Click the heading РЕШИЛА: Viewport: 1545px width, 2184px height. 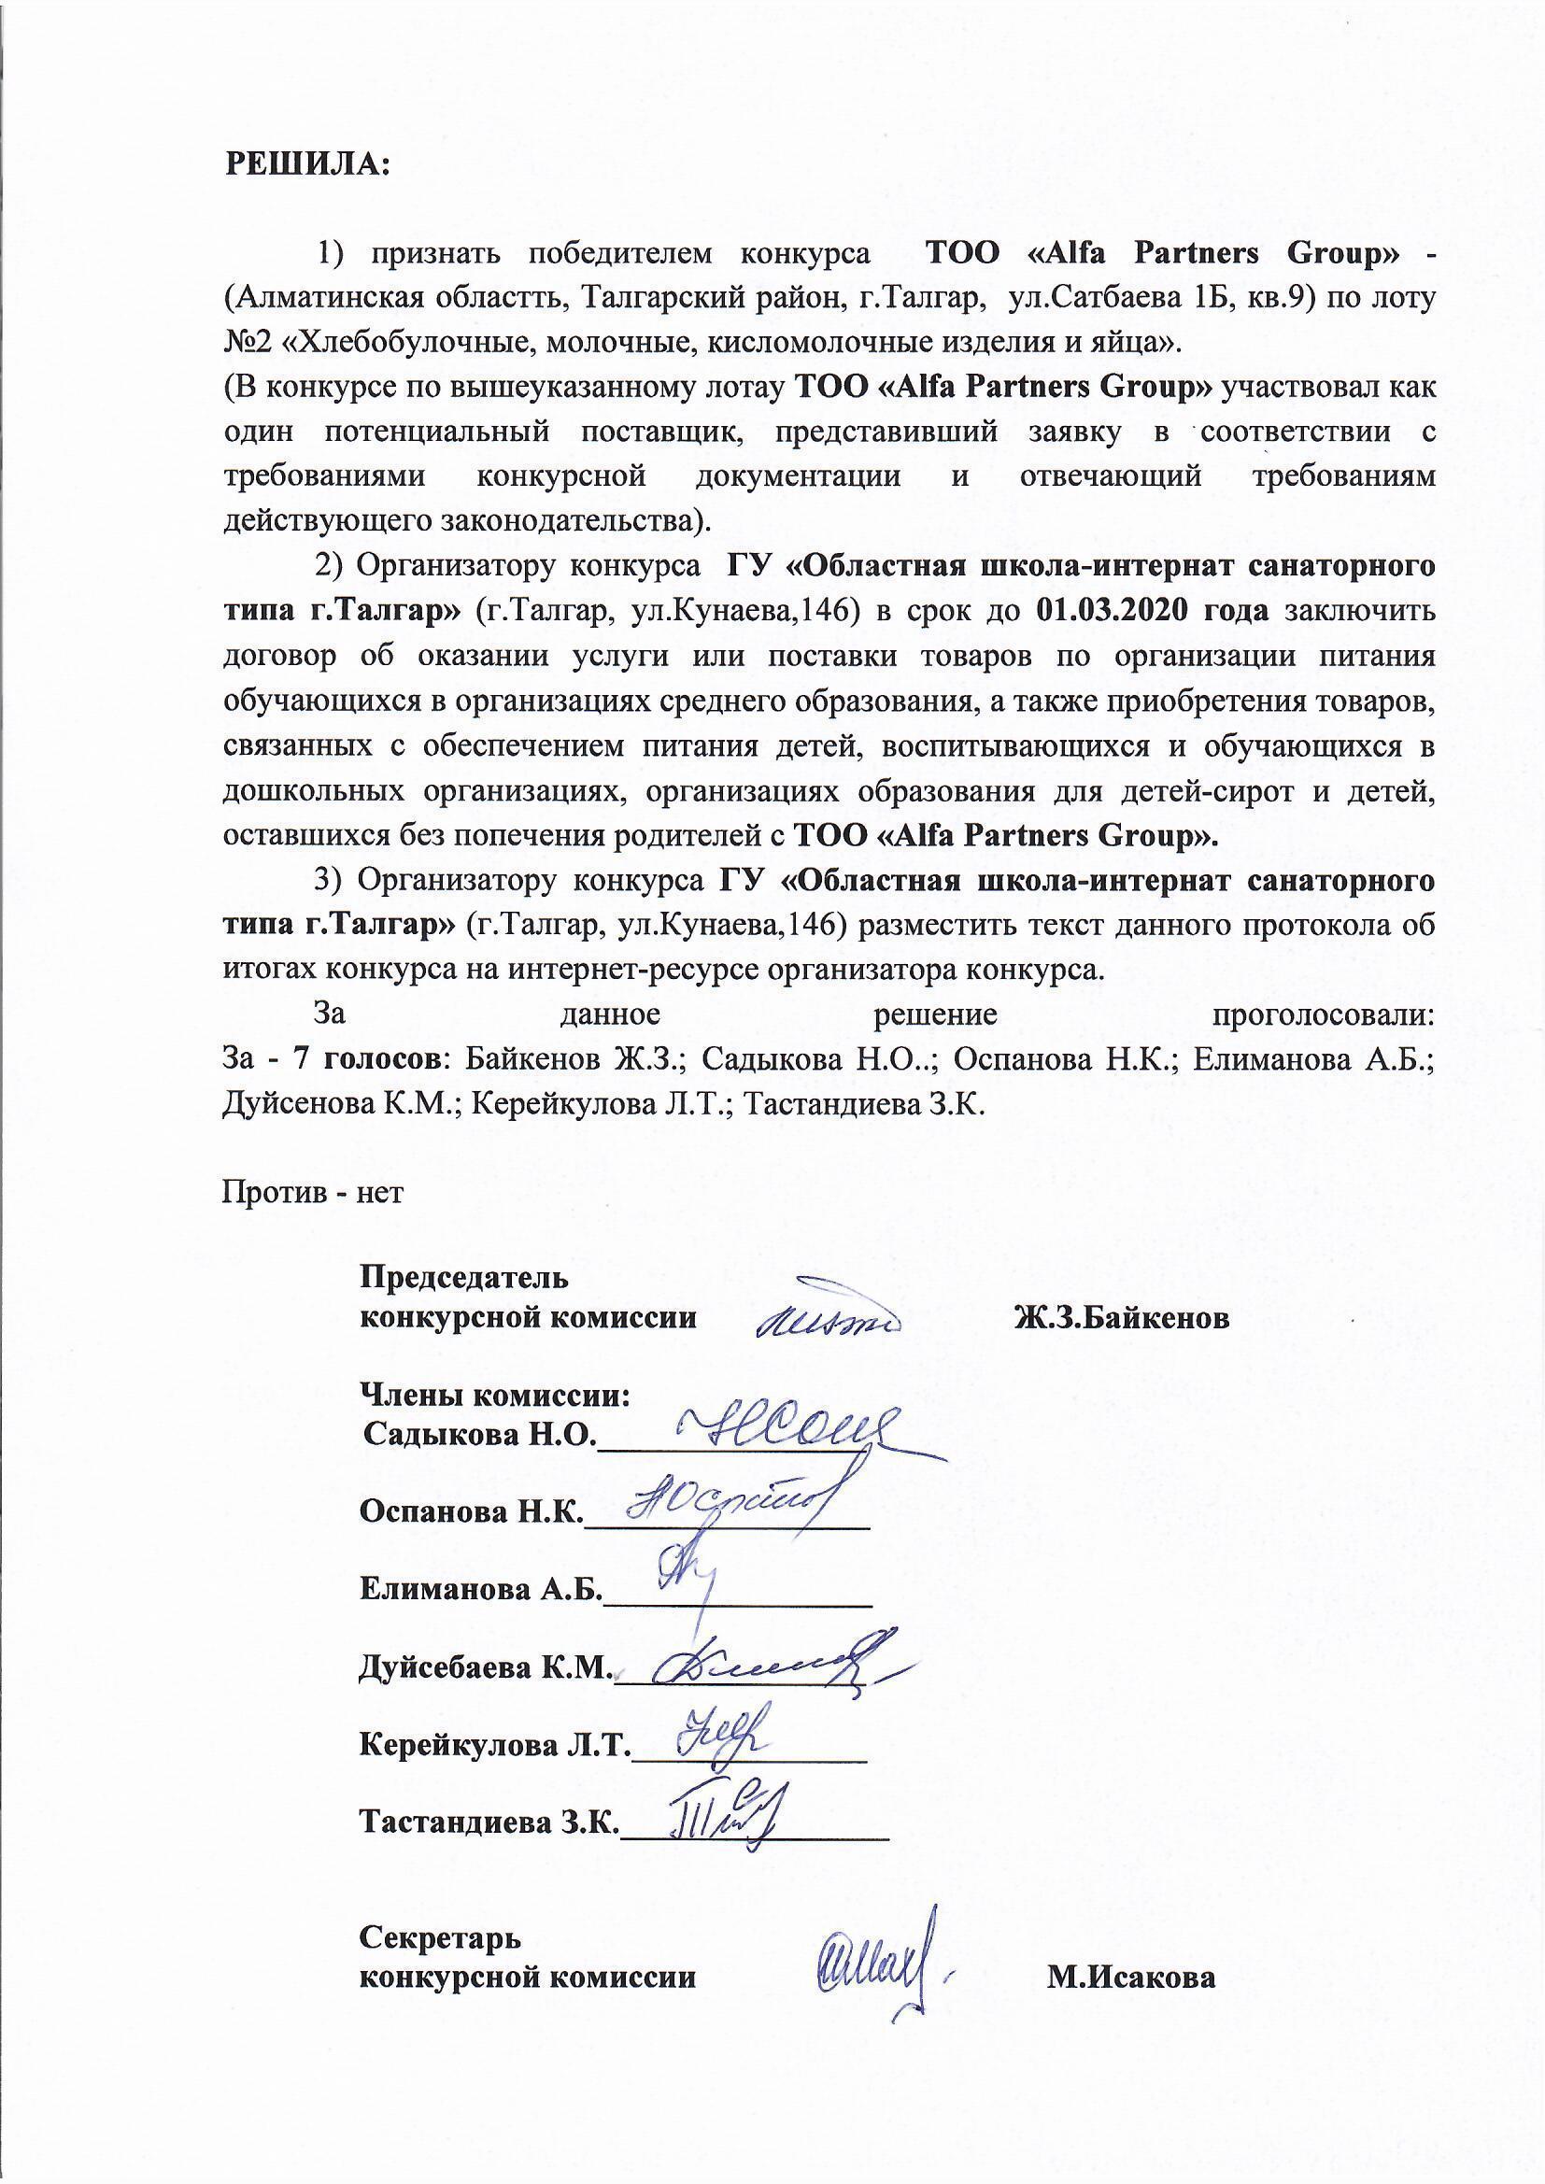[306, 163]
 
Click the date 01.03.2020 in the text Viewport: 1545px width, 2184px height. [1109, 610]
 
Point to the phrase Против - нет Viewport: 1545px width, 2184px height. [313, 1192]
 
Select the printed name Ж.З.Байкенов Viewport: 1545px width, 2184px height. [1122, 1318]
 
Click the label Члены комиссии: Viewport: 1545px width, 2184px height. [495, 1396]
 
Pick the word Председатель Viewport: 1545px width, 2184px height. [463, 1278]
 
